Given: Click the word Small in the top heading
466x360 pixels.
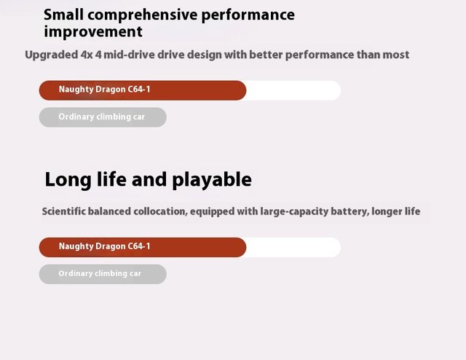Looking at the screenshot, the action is [x=63, y=15].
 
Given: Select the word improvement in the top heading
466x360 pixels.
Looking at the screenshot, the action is [x=93, y=32].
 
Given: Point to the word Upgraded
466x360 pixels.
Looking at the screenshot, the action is [x=52, y=55].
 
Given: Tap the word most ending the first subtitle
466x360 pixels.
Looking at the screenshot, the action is [x=396, y=55].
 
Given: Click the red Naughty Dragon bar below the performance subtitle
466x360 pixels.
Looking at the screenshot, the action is [x=143, y=90].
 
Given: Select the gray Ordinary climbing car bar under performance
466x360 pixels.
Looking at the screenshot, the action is [x=103, y=117].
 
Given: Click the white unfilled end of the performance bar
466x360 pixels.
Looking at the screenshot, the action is [x=293, y=90].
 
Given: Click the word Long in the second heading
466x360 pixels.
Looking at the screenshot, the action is [x=68, y=180].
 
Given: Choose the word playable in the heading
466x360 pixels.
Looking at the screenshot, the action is [x=212, y=180].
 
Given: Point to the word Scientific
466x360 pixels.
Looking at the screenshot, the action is [x=63, y=211].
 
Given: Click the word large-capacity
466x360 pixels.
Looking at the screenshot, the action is [x=294, y=212].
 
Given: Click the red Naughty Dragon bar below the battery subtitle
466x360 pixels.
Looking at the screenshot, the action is [x=143, y=247].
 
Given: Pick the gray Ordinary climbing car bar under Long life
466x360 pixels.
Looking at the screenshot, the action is [x=103, y=274].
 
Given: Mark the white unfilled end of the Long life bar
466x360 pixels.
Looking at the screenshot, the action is [x=293, y=247].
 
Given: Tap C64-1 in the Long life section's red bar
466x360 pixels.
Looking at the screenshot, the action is [x=139, y=246].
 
